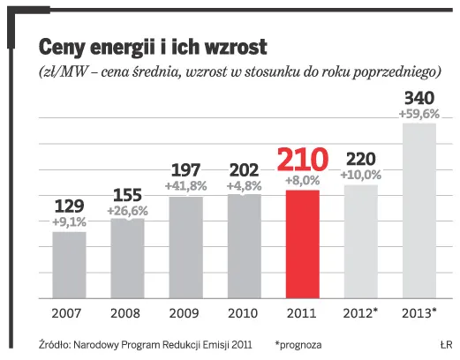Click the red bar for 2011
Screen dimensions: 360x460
(x=303, y=244)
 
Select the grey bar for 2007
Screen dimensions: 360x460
(x=69, y=265)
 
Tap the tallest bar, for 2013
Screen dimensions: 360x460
(x=419, y=212)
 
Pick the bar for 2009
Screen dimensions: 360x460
(x=185, y=247)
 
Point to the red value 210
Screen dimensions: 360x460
(x=303, y=160)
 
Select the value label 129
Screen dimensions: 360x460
(x=69, y=206)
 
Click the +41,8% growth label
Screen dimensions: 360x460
(x=185, y=186)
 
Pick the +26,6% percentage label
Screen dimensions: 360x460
(x=127, y=212)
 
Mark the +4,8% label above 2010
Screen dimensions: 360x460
(x=244, y=186)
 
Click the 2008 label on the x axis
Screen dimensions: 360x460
(x=127, y=313)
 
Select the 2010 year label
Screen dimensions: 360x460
(x=244, y=313)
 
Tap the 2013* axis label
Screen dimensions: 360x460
(x=419, y=313)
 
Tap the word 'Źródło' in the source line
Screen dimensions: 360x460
(x=56, y=343)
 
